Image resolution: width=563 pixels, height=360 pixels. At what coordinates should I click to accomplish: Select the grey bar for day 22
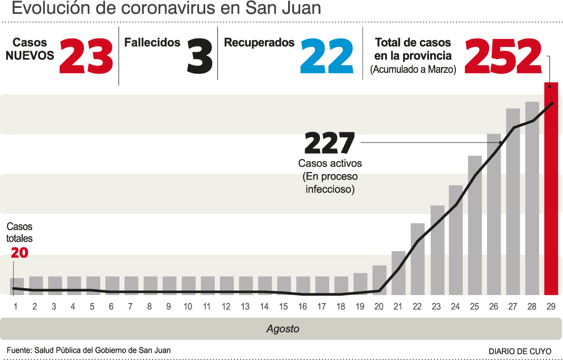coord(417,258)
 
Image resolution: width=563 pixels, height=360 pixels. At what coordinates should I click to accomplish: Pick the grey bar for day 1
coord(17,286)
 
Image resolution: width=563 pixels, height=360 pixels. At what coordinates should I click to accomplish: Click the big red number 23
coord(86,56)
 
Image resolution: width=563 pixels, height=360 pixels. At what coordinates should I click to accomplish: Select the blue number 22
coord(327,56)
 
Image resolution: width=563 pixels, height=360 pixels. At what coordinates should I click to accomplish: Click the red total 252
coord(503,56)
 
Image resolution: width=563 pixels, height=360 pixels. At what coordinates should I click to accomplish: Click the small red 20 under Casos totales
coord(20,253)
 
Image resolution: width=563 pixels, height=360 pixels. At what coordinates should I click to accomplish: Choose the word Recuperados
coord(259,43)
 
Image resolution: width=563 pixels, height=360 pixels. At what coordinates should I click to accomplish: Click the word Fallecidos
coord(152,43)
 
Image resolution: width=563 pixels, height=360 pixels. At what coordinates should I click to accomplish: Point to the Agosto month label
coord(282,329)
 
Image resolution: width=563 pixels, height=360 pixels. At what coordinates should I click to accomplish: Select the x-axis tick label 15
coord(283,306)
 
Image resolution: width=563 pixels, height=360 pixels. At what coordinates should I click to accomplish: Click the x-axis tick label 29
coord(550,306)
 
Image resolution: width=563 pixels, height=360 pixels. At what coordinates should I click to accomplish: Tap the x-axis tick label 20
coord(379,306)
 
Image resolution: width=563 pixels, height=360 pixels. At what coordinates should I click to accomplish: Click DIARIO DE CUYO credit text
coord(520,351)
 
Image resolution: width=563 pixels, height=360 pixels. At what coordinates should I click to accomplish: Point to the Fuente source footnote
coord(89,350)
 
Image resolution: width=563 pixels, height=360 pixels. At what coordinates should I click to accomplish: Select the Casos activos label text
coord(330,164)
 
